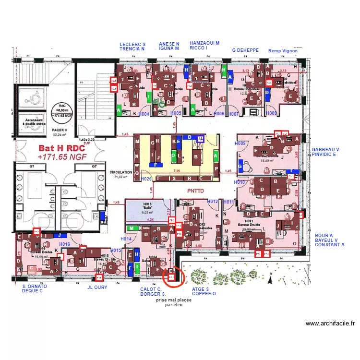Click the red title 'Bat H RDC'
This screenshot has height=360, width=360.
coord(62,149)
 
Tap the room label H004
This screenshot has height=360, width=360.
coord(144,114)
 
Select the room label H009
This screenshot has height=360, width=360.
coord(240,144)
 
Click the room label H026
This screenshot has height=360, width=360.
coord(146,179)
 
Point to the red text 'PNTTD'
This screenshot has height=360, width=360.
coord(196,191)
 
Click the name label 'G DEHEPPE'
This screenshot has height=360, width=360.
coord(245,50)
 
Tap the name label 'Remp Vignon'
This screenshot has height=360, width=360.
coord(283,50)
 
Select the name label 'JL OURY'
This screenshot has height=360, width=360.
coord(97,288)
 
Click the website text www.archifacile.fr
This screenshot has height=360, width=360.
coord(330,324)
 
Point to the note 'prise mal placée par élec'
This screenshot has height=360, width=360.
coord(174,302)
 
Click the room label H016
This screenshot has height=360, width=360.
coord(65,244)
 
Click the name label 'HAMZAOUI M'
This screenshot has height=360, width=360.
coord(204,43)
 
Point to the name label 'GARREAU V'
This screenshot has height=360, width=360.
coord(325,150)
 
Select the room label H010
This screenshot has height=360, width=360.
coord(240,182)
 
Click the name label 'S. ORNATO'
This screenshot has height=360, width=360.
coord(35,287)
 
